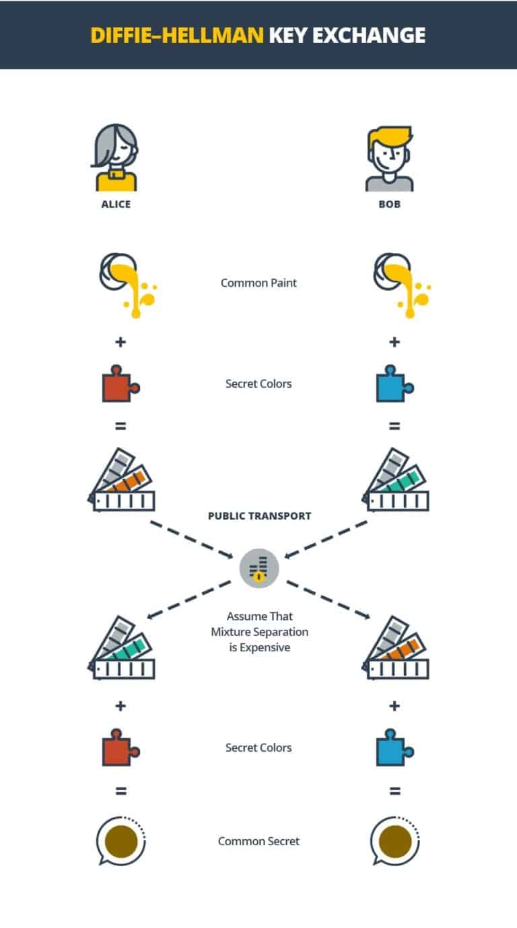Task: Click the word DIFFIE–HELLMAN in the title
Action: click(176, 35)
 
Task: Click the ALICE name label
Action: click(116, 204)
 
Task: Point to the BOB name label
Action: click(390, 204)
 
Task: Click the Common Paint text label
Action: click(258, 283)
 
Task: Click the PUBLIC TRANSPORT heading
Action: click(259, 516)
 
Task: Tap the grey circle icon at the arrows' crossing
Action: click(259, 569)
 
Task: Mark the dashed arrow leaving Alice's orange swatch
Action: click(191, 538)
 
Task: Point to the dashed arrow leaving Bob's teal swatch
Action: click(326, 539)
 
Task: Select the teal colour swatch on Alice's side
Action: click(123, 645)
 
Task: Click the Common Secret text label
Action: click(258, 841)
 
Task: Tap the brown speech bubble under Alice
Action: click(120, 841)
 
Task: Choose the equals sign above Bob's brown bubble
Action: click(394, 791)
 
